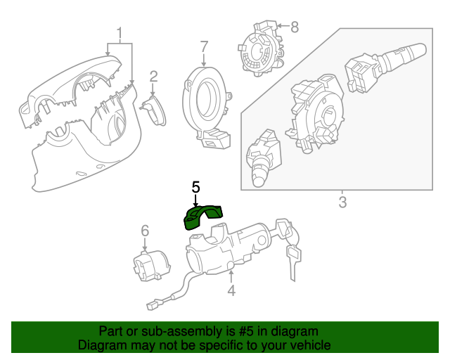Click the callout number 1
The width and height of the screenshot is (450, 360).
point(120,33)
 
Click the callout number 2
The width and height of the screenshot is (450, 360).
point(153,77)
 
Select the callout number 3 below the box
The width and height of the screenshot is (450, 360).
point(342,203)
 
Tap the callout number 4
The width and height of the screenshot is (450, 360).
point(231,290)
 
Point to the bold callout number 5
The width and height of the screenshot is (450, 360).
point(195,187)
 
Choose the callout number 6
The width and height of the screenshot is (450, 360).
point(145,230)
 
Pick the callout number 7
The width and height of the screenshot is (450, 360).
point(204,47)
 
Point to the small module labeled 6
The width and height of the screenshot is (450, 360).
point(151,266)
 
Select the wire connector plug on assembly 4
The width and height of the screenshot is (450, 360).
point(155,305)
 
